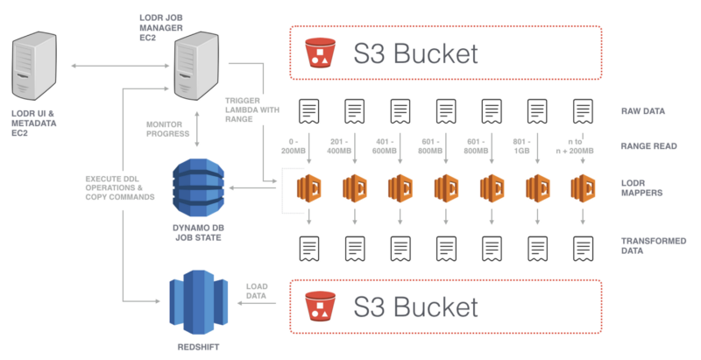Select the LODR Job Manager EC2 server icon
(195, 69)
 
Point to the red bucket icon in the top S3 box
(319, 54)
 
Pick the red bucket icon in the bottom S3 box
(319, 307)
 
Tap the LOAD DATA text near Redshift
(257, 292)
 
